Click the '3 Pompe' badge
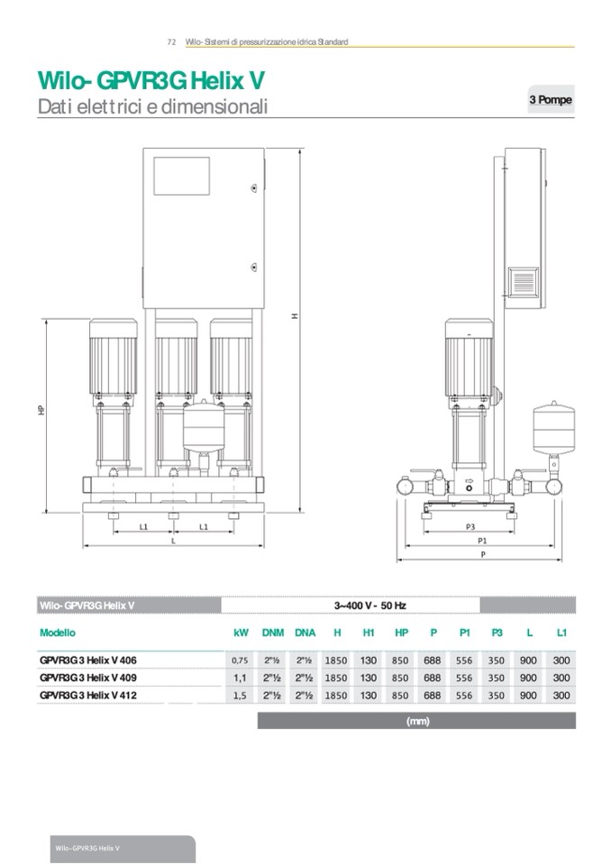click(x=550, y=100)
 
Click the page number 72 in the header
click(x=171, y=42)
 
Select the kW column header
click(x=241, y=633)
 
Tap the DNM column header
click(x=272, y=633)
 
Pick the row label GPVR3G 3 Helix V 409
click(x=88, y=678)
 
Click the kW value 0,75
click(x=241, y=660)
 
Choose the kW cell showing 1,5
click(x=241, y=696)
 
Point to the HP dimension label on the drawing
click(x=41, y=410)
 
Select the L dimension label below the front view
click(x=173, y=541)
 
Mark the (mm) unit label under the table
click(x=417, y=721)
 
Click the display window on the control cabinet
click(x=181, y=177)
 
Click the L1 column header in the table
click(x=561, y=633)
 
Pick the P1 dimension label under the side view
click(x=482, y=540)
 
